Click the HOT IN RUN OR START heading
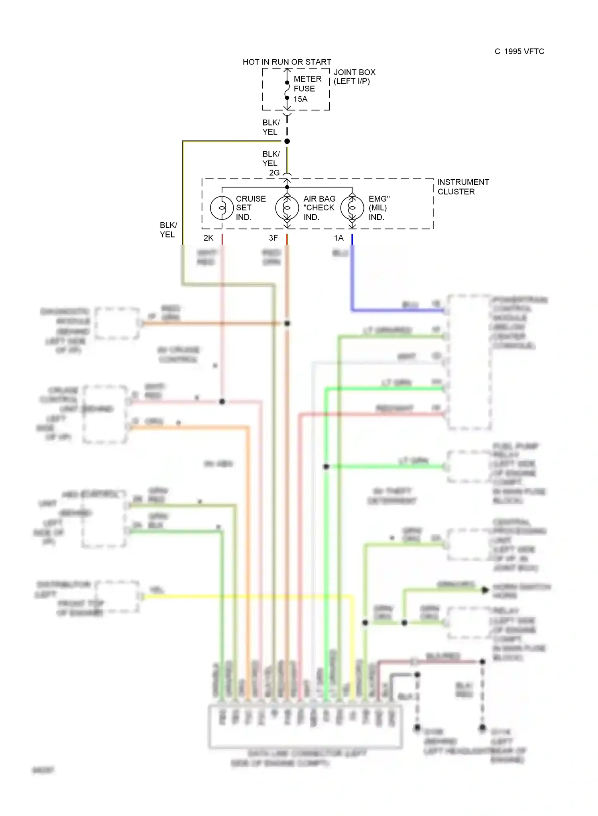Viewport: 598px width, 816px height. click(287, 62)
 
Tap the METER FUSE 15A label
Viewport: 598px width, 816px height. click(307, 89)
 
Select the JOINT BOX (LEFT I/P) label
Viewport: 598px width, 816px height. click(354, 76)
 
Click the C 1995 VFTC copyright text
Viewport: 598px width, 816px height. click(519, 51)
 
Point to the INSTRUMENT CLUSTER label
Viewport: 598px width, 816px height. click(462, 186)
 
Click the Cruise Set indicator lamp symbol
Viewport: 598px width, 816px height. click(222, 208)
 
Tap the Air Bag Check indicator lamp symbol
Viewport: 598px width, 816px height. click(287, 208)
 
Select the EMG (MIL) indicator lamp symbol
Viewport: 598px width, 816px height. click(352, 208)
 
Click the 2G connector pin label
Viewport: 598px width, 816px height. click(274, 173)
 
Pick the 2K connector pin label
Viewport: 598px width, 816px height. click(209, 238)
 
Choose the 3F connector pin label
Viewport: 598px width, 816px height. click(273, 238)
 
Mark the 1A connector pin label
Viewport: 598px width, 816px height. click(338, 238)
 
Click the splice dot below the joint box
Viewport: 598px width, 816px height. click(287, 141)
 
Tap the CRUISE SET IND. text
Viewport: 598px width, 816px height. click(250, 208)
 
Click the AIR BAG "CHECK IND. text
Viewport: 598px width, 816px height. click(319, 208)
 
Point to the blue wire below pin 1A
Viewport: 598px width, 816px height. click(352, 279)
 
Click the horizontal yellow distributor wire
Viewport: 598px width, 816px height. click(247, 596)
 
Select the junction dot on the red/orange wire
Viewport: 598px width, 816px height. click(287, 324)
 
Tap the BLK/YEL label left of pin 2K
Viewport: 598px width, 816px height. click(168, 230)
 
